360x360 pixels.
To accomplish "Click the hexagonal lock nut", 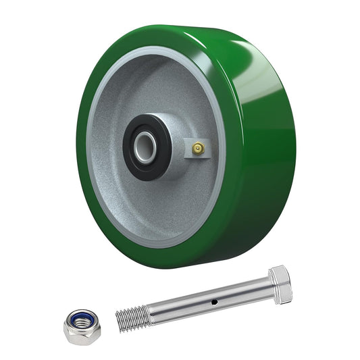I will point(82,326).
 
